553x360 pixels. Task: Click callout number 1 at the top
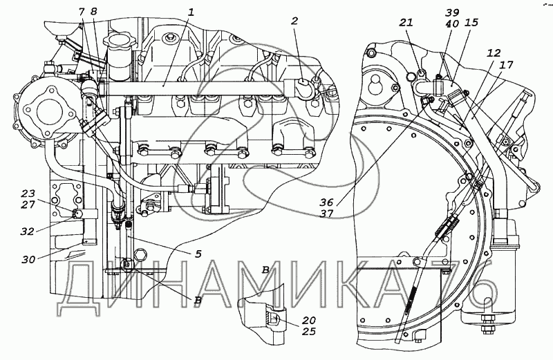point(191,13)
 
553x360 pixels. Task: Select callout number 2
point(294,21)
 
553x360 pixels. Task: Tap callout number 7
point(82,12)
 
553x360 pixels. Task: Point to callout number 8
point(93,12)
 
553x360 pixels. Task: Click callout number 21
point(406,23)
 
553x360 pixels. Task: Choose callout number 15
point(471,23)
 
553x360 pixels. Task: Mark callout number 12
point(494,53)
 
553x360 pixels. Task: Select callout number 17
point(507,65)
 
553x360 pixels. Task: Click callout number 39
point(452,12)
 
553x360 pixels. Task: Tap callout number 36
point(326,202)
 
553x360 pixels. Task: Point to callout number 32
point(27,231)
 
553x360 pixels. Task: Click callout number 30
point(28,260)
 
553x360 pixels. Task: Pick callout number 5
point(198,253)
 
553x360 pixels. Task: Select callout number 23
point(28,193)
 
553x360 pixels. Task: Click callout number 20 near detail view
point(308,320)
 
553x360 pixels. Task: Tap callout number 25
point(308,332)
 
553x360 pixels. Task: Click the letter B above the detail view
point(265,270)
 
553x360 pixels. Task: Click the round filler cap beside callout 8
point(119,39)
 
